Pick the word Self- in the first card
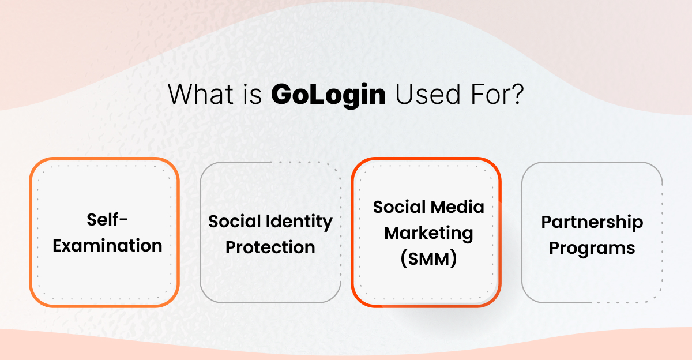point(107,220)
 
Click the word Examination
point(107,246)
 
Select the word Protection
point(270,247)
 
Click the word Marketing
point(428,234)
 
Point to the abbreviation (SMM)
point(428,260)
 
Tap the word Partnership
point(592,222)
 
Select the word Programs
point(592,248)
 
